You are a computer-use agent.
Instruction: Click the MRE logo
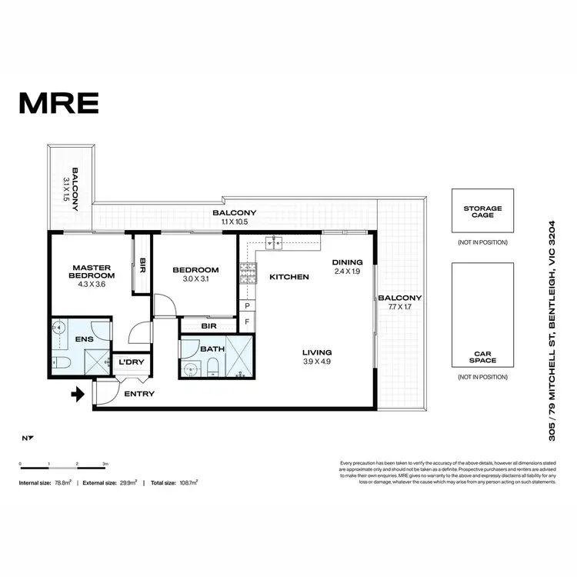pos(58,102)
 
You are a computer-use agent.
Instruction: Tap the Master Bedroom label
pos(92,271)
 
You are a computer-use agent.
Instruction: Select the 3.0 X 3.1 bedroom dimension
pos(195,280)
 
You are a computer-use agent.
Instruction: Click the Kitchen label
pos(288,277)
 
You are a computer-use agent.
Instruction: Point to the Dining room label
pos(347,262)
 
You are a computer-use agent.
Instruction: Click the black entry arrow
pos(77,395)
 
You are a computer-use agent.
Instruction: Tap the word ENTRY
pos(139,394)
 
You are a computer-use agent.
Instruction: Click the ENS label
pos(85,338)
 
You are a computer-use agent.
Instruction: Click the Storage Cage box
pos(482,212)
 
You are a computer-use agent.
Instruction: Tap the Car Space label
pos(482,356)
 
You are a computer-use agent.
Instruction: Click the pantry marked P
pos(247,305)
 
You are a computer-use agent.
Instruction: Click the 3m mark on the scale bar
pos(105,465)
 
